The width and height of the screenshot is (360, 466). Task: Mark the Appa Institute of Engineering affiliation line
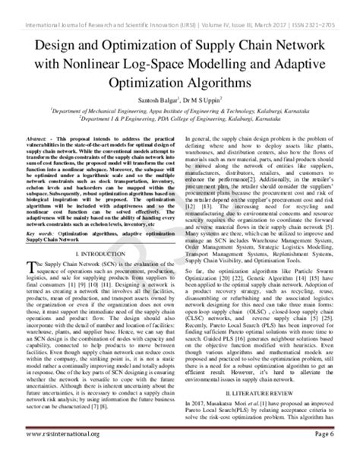(180, 109)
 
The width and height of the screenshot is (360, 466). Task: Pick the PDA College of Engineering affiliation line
(180, 119)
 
